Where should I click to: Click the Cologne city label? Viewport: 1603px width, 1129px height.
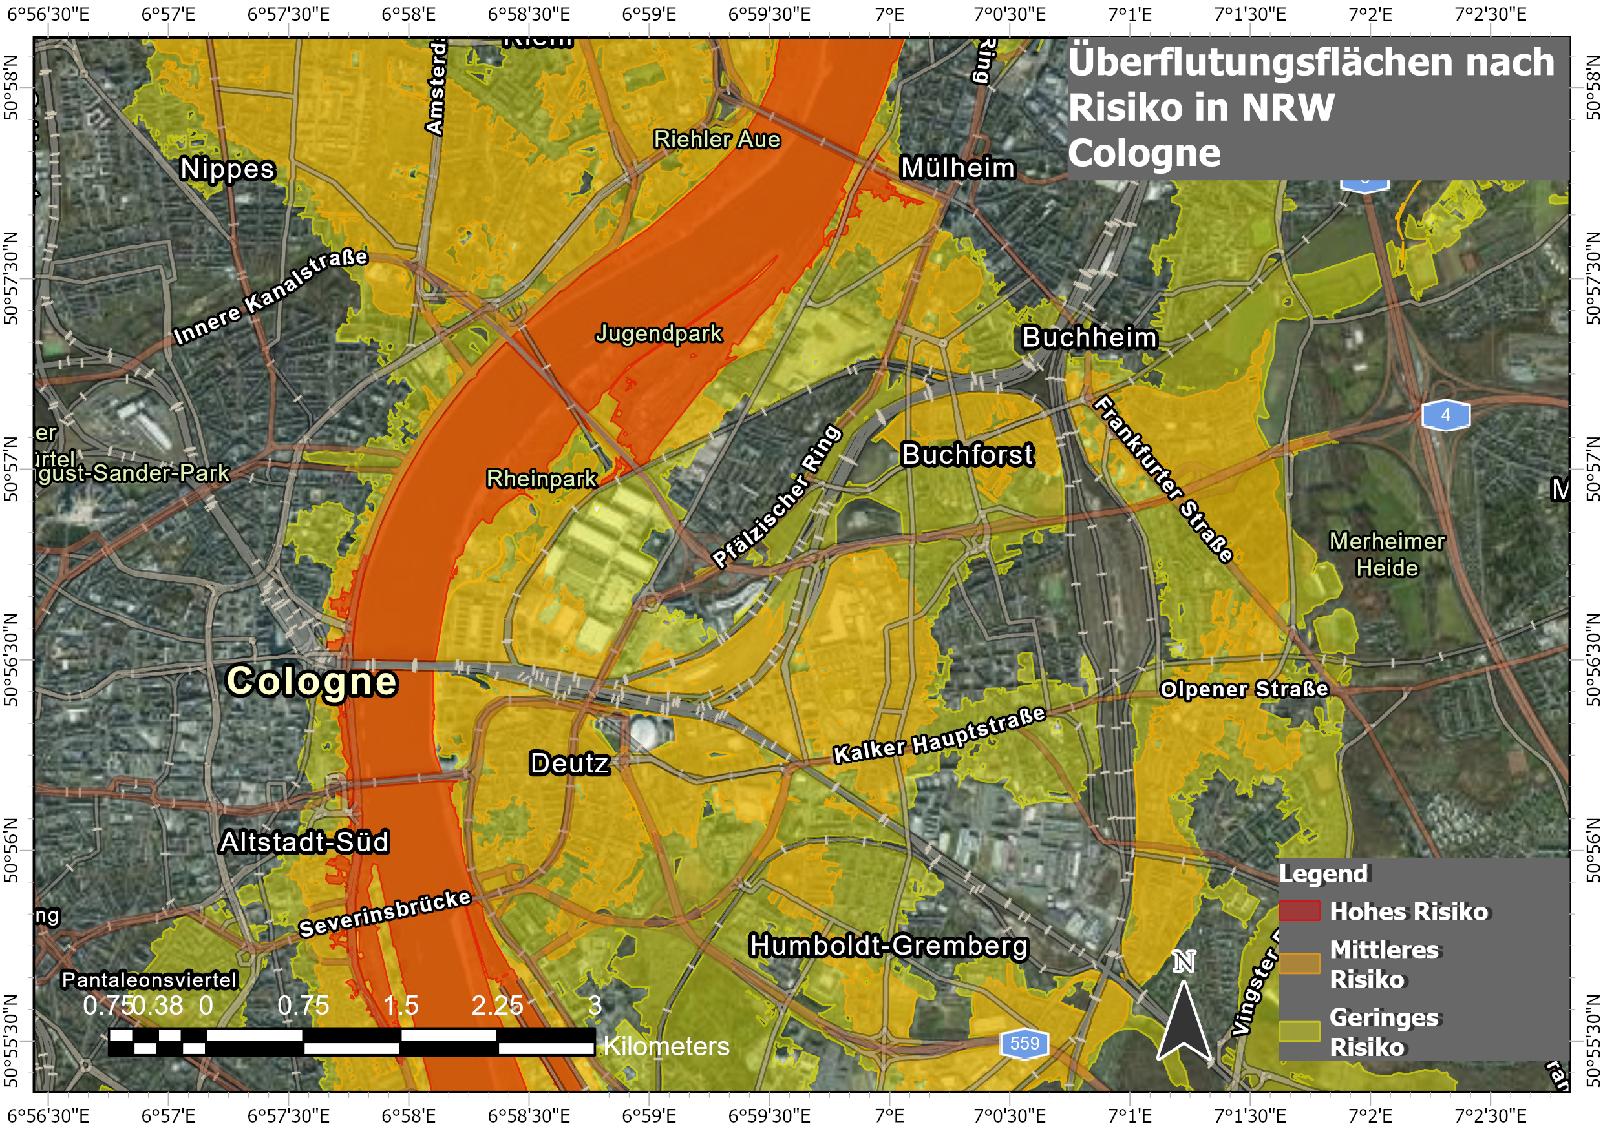pos(312,681)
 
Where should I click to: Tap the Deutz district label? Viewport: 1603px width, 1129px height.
pos(569,763)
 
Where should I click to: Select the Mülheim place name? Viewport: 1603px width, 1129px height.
pos(958,168)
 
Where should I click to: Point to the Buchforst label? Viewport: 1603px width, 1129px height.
pos(967,455)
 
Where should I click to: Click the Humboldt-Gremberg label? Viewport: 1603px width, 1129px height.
pos(889,946)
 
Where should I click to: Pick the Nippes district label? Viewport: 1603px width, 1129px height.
pos(228,169)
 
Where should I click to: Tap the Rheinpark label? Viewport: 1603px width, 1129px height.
pos(542,479)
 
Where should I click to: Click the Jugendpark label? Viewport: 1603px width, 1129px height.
pos(659,333)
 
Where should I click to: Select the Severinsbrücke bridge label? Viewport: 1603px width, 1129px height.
pos(385,913)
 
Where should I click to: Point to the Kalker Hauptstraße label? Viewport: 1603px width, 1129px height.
pos(939,736)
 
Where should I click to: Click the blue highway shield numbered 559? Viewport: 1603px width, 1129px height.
pos(1024,1043)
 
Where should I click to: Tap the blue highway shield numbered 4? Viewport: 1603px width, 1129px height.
pos(1445,415)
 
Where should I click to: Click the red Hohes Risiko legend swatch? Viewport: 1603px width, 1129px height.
pos(1299,911)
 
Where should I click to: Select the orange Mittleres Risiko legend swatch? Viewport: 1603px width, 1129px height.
pos(1299,964)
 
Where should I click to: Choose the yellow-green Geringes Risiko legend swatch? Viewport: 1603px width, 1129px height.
pos(1299,1031)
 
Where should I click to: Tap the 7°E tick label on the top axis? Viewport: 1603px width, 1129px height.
pos(889,14)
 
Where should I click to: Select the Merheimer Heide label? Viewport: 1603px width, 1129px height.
pos(1386,555)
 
